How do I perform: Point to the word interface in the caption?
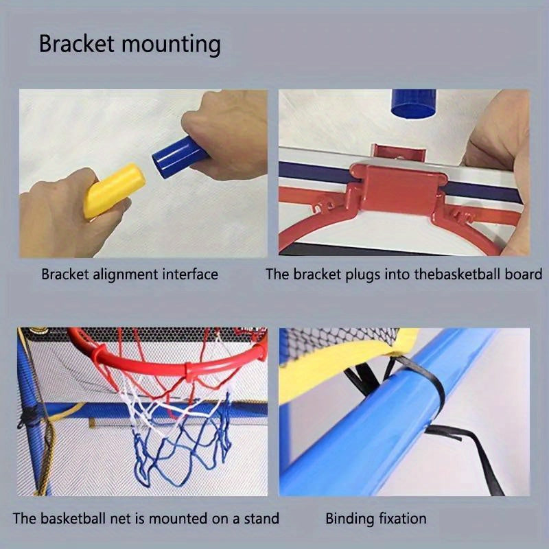point(190,274)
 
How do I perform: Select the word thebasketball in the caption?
point(455,274)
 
